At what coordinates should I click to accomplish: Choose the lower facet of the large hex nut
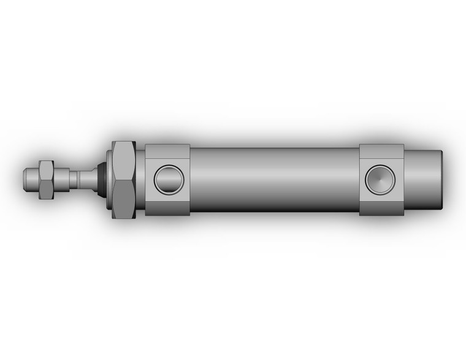(123, 207)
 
